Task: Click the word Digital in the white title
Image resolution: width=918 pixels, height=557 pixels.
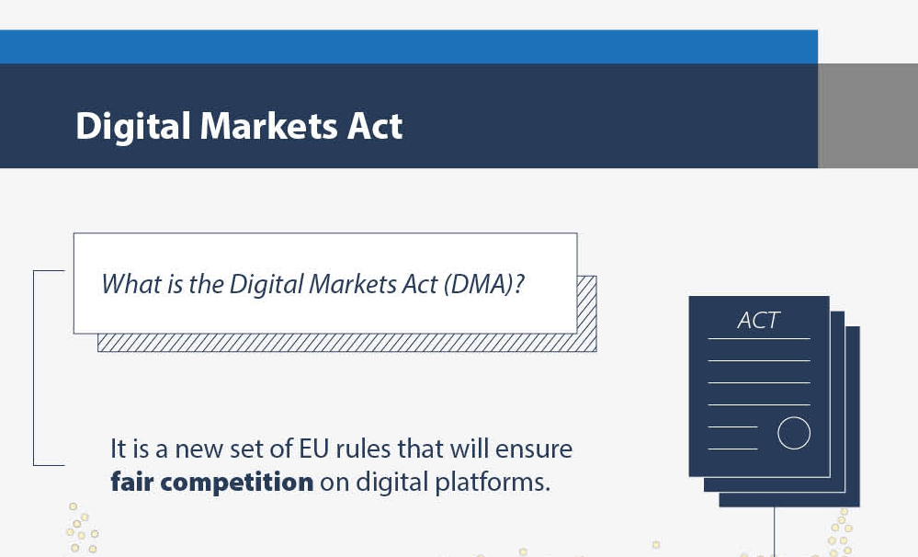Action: tap(133, 127)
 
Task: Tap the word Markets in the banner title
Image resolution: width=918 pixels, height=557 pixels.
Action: tap(268, 125)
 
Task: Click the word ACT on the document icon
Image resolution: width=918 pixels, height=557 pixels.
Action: tap(758, 321)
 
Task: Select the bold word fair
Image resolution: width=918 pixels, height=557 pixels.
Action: tap(131, 482)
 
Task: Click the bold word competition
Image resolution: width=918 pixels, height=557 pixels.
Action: tap(236, 483)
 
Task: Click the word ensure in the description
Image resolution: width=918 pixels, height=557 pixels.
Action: tap(534, 449)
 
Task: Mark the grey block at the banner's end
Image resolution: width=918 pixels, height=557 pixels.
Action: tap(867, 116)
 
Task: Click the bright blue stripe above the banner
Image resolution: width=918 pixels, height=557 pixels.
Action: tap(409, 47)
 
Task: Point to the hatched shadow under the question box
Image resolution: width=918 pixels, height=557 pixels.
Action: tap(346, 343)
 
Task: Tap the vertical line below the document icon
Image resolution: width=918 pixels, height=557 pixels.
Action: tap(775, 532)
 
